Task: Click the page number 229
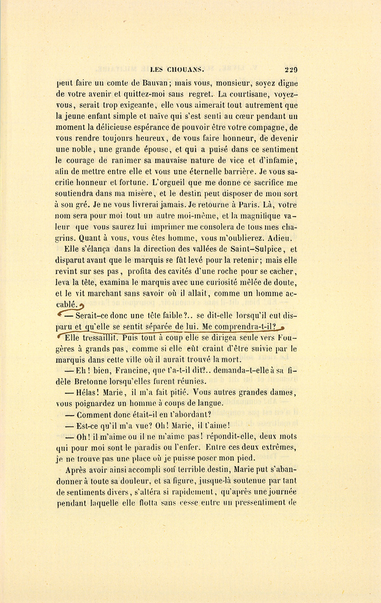coord(291,70)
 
